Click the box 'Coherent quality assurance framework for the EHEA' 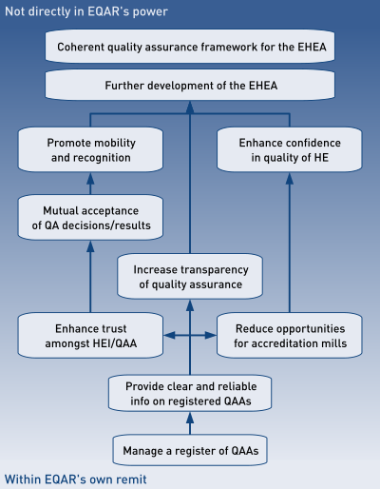(190, 47)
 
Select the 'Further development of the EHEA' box (190, 85)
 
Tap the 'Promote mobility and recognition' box (90, 149)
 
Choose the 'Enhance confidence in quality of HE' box (290, 149)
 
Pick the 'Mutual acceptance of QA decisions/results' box (90, 218)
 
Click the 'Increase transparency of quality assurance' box (190, 277)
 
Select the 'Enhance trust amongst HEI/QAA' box (90, 336)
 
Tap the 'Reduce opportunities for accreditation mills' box (290, 336)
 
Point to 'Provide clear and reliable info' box (190, 393)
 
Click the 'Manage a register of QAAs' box (190, 450)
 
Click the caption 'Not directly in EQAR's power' (86, 11)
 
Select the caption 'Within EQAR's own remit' (75, 479)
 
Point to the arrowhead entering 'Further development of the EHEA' (190, 108)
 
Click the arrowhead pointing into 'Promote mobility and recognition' (90, 179)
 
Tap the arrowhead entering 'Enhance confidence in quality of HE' (290, 179)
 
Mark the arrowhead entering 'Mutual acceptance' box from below (90, 246)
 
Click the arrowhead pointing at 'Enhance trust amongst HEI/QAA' (170, 335)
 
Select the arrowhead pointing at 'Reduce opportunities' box (210, 335)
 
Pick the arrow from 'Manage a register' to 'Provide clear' (190, 423)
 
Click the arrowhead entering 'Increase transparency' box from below (190, 305)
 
